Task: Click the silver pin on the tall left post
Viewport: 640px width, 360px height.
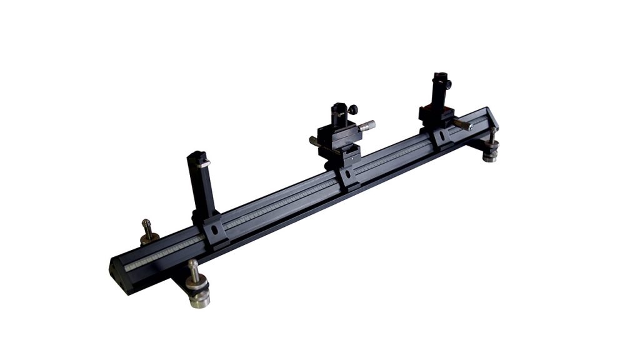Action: [x=204, y=164]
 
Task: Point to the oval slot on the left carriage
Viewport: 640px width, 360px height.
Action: [x=215, y=230]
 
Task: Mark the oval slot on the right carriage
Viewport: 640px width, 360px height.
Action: [x=442, y=136]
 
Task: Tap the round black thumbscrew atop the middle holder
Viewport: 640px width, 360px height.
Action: [x=353, y=110]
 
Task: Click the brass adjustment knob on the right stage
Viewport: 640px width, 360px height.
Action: [x=464, y=125]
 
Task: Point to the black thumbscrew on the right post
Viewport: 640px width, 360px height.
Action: [x=447, y=84]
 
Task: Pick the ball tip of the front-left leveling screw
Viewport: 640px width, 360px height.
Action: [x=193, y=263]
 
